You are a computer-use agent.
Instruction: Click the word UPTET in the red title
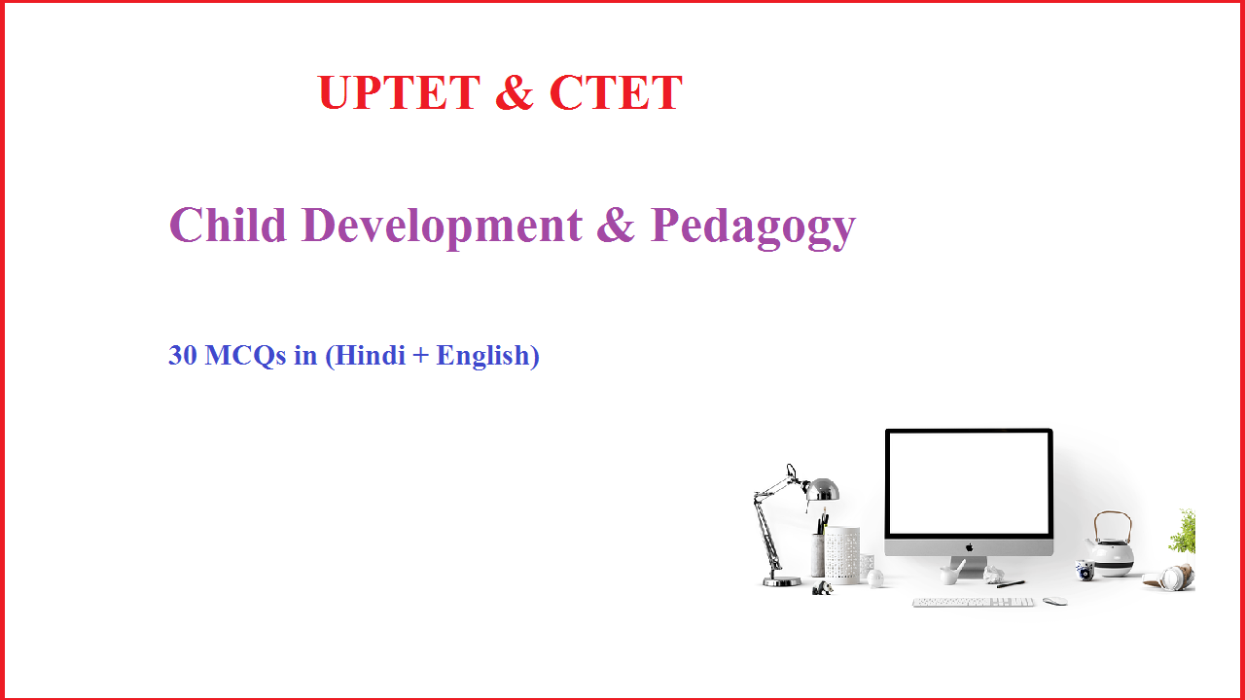399,93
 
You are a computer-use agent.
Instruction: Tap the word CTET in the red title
616,93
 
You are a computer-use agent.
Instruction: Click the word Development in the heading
443,225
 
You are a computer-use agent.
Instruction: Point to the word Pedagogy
753,227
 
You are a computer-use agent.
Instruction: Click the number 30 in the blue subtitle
183,356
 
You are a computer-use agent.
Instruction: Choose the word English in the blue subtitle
482,356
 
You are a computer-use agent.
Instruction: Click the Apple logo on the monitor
969,546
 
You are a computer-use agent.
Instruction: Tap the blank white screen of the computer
969,483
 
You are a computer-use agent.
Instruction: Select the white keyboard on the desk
973,602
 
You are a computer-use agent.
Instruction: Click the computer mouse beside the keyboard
1054,601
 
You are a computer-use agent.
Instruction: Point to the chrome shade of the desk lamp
823,488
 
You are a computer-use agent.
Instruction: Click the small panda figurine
823,587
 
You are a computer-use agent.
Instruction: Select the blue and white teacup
1085,573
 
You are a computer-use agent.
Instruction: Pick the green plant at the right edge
1184,532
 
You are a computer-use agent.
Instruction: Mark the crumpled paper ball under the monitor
992,576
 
